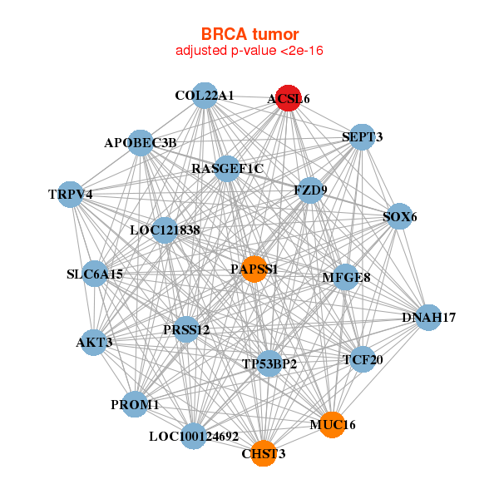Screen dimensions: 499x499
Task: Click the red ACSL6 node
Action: pos(288,97)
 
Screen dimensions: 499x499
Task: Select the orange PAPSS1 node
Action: pos(254,269)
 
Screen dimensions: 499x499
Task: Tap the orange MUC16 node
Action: pos(332,424)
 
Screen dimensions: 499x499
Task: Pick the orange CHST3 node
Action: pos(263,453)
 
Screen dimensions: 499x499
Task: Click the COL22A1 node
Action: pos(205,95)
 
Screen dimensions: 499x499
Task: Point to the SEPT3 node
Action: pos(362,136)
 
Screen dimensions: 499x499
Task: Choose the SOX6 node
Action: pos(400,216)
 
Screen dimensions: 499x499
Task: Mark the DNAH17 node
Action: pos(427,317)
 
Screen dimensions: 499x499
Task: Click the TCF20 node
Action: pos(363,359)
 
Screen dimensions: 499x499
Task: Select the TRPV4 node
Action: pos(71,195)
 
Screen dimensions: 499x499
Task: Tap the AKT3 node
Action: pos(93,342)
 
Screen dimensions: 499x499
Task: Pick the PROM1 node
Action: pos(135,404)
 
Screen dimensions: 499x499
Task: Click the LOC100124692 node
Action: pos(193,436)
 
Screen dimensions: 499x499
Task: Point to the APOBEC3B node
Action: pos(141,142)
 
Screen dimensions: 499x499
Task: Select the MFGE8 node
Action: pos(346,277)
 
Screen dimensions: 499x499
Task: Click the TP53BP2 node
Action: pos(269,363)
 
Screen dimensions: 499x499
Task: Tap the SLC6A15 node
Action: pos(95,274)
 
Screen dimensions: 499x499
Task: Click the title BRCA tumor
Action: pos(249,34)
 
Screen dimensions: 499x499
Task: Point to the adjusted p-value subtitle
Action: pos(249,51)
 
